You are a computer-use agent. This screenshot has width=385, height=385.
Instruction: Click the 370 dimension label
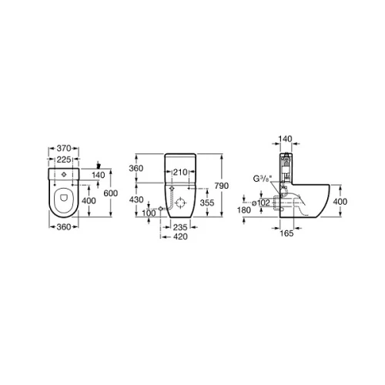point(64,148)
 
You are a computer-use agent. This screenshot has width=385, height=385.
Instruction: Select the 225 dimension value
point(64,159)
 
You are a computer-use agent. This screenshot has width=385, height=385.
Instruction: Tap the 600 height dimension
point(111,193)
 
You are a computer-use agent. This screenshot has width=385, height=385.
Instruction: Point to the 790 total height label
point(222,186)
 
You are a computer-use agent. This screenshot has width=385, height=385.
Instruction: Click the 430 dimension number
point(136,199)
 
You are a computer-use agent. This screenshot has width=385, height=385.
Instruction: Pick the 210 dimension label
point(180,172)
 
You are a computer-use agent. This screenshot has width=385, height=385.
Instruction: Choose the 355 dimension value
point(207,203)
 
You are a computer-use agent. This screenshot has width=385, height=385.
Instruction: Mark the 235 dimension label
point(180,227)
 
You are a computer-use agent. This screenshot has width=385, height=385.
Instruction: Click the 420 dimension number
point(180,236)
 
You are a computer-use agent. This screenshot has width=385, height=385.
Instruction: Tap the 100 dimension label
point(149,213)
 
